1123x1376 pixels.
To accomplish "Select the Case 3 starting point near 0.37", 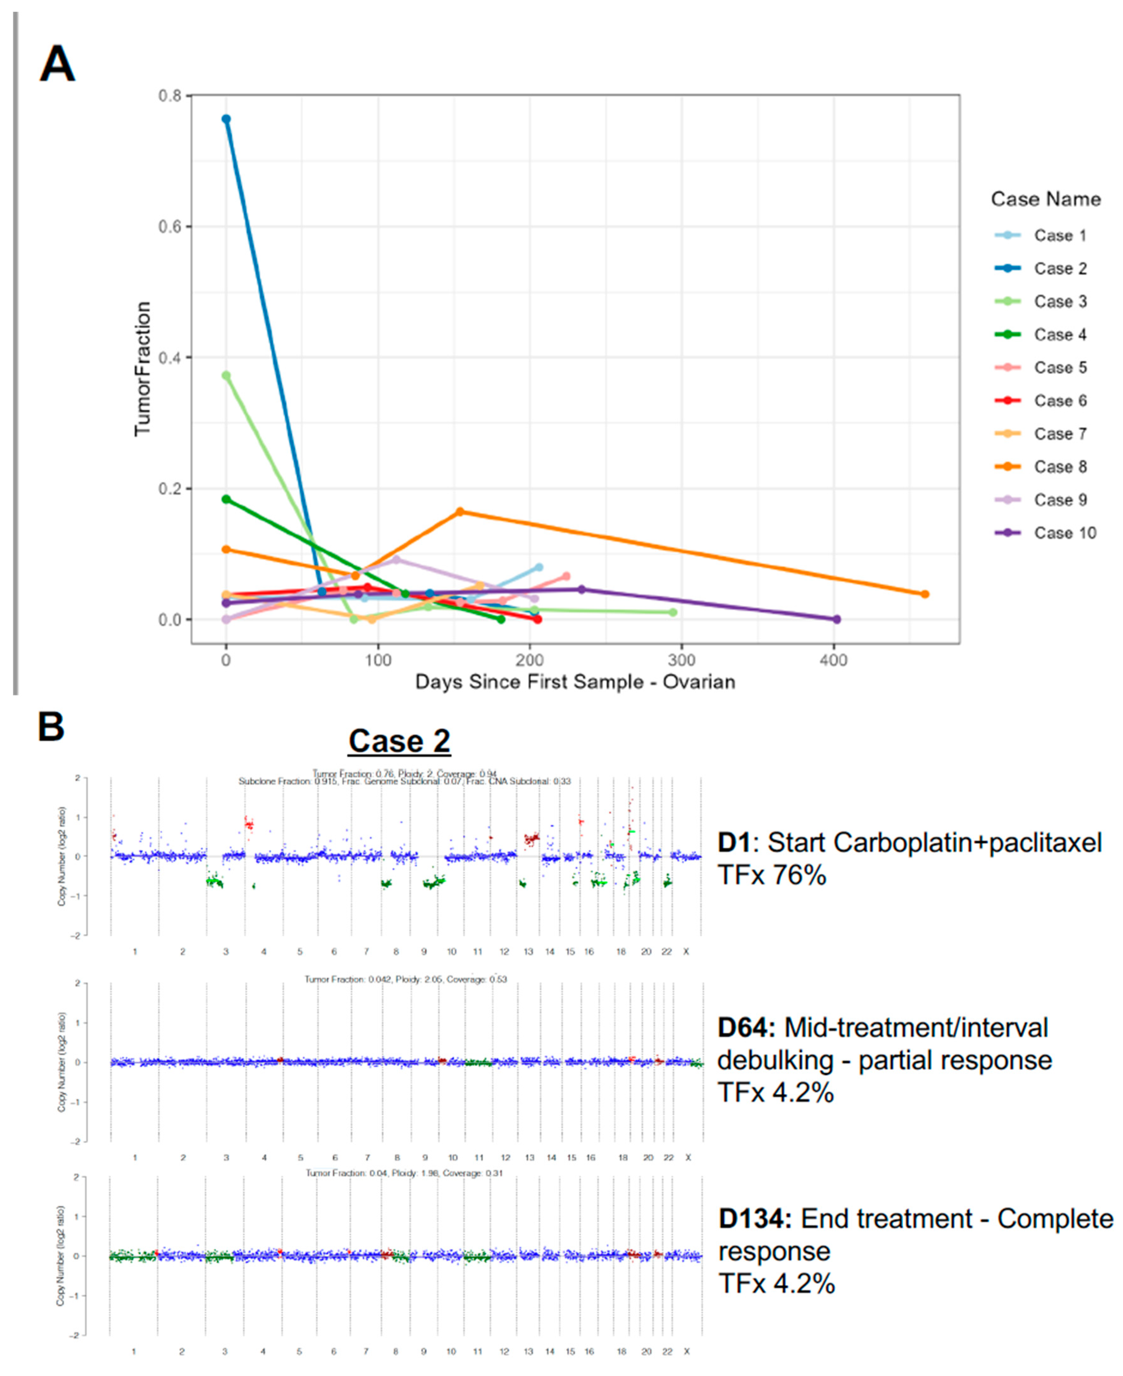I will [x=226, y=375].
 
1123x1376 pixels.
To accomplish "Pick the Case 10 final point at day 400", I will [x=836, y=619].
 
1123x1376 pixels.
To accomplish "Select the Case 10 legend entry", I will [x=1064, y=533].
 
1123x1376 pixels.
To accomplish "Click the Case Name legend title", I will [x=1046, y=199].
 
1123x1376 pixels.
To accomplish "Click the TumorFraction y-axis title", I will [x=142, y=369].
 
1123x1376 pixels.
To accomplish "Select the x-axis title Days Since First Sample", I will [x=574, y=682].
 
